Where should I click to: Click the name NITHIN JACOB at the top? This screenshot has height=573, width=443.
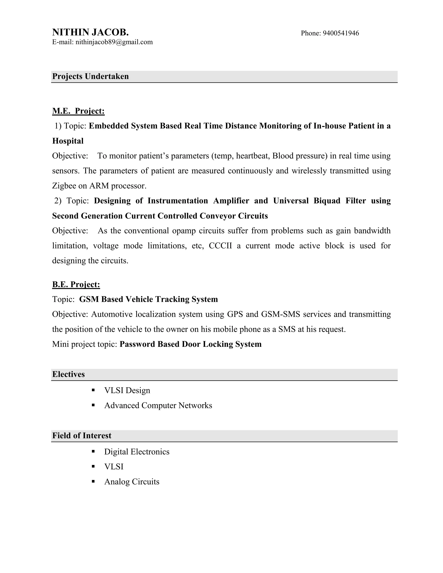point(90,32)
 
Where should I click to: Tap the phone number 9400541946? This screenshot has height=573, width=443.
point(341,33)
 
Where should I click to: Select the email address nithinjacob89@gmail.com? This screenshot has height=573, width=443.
point(114,42)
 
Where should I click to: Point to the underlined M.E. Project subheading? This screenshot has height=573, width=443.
point(78,111)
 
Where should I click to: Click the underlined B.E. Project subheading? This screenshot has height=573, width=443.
point(76,284)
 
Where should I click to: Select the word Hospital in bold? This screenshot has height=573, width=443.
point(68,141)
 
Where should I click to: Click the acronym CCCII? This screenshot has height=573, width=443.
point(220,246)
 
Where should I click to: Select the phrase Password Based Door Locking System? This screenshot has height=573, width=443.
point(191,344)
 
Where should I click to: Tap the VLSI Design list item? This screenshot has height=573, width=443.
point(127,390)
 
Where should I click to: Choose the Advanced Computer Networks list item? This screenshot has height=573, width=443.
point(158,405)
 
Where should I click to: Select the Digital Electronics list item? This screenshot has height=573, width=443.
point(137,452)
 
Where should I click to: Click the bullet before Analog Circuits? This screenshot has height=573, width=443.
point(93,482)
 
